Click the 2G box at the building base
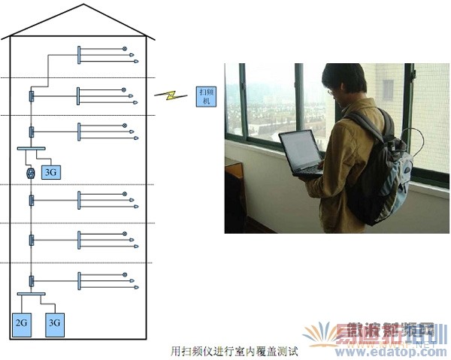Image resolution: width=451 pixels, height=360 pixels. [x=21, y=322]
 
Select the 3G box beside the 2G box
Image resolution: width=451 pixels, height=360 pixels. [x=54, y=322]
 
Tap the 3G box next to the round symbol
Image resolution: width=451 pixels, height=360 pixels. [x=51, y=173]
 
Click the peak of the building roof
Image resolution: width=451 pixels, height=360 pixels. [x=82, y=7]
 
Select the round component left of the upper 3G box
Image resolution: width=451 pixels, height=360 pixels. [x=31, y=174]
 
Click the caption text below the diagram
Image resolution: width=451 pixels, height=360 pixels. [x=235, y=350]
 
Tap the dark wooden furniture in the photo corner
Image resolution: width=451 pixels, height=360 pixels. [x=235, y=199]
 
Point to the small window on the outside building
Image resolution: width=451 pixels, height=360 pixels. [x=388, y=90]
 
